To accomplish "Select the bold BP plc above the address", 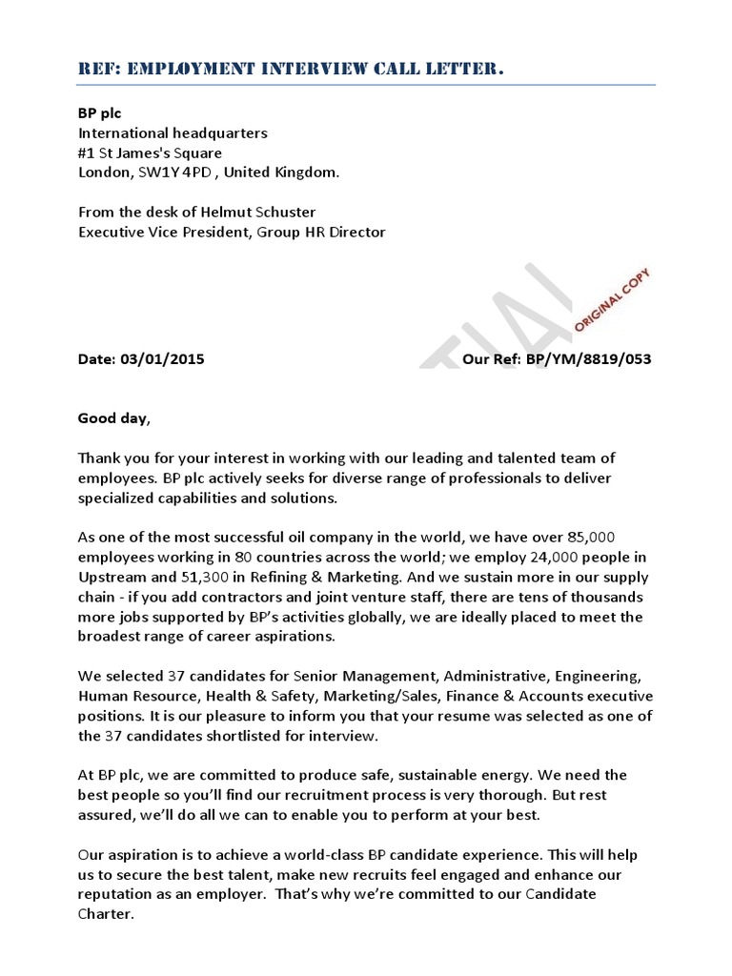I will [x=99, y=113].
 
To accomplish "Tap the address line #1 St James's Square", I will [x=150, y=152].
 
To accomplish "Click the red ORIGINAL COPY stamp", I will [x=612, y=299].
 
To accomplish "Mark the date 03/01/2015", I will [x=162, y=359].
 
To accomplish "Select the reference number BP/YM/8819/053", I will [x=588, y=359].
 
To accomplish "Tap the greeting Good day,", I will [x=113, y=417].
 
